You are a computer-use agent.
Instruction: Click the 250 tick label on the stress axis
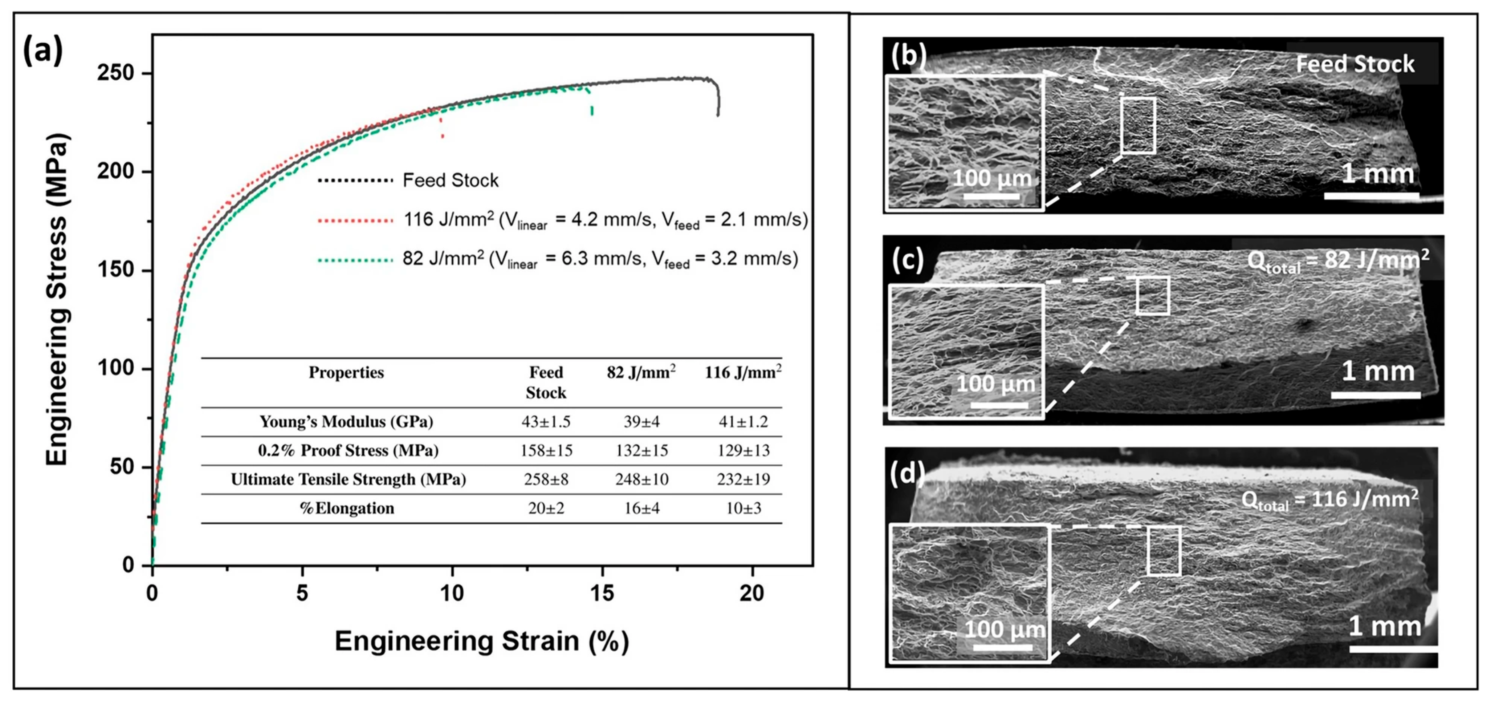[x=116, y=73]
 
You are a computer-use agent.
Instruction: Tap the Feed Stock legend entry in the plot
[x=450, y=181]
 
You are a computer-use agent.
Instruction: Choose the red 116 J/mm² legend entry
[x=604, y=220]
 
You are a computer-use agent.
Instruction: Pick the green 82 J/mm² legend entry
[x=599, y=259]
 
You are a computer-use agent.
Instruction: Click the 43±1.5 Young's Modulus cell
[x=545, y=422]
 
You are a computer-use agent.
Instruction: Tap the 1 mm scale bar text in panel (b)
[x=1377, y=173]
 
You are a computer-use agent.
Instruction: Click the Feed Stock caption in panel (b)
[x=1355, y=63]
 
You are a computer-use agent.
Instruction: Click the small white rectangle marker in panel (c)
[x=1152, y=296]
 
